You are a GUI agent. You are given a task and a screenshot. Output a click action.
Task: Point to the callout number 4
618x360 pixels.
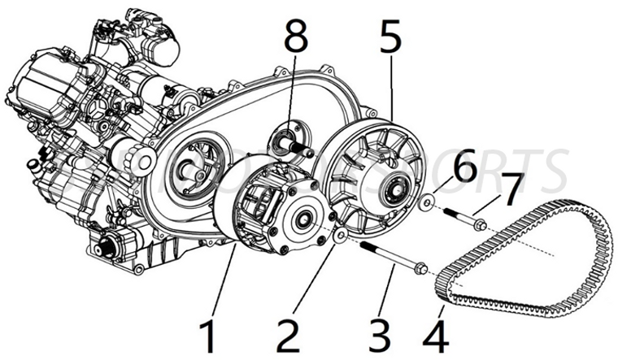435,333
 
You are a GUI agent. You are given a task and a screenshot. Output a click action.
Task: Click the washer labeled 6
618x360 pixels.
425,200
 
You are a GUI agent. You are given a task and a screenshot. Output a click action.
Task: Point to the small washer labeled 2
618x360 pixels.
341,235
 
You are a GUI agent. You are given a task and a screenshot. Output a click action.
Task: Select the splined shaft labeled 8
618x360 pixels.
300,147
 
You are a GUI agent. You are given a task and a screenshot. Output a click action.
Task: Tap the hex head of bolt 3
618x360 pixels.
420,269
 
